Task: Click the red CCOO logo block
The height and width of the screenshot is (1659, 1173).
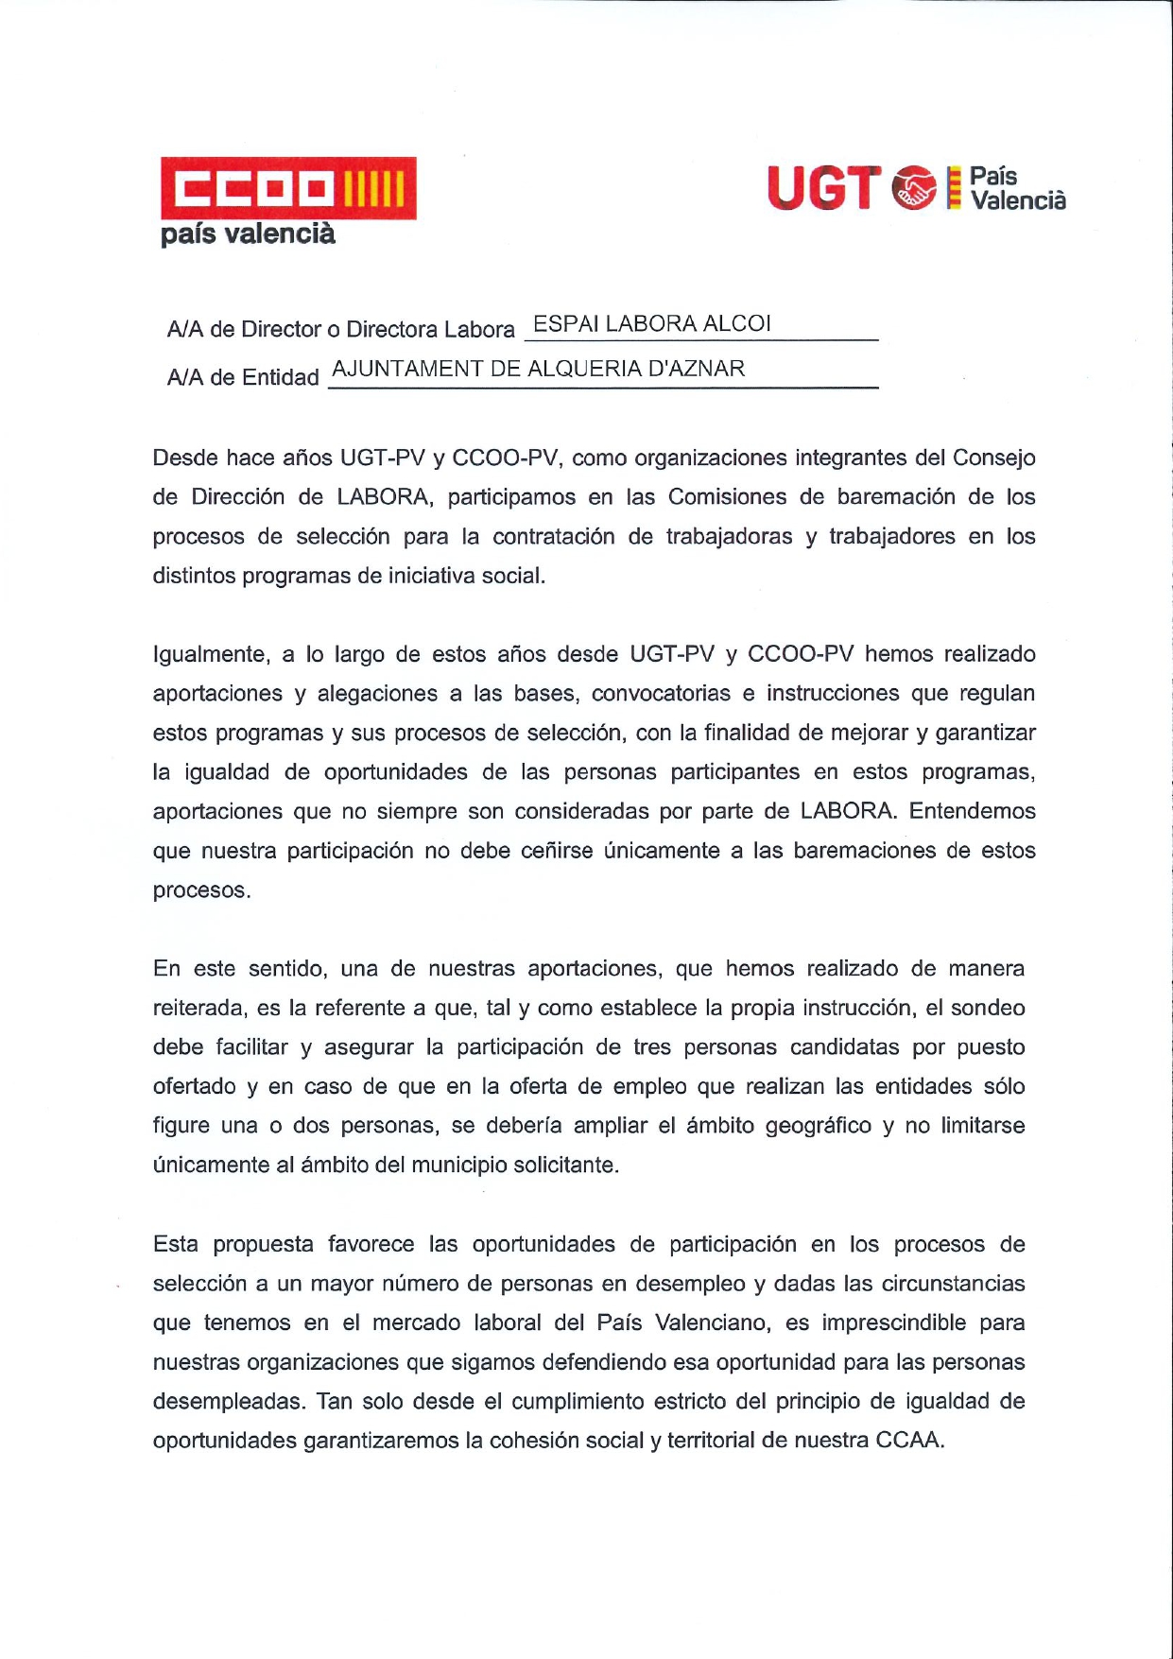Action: point(288,188)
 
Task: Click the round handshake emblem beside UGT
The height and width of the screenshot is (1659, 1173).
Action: point(914,187)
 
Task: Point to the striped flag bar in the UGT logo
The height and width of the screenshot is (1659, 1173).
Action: point(954,187)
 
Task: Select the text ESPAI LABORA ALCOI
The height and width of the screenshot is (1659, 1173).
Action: point(652,324)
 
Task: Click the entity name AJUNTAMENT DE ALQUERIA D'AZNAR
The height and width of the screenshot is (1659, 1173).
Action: point(539,369)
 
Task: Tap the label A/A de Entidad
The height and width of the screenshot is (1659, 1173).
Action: point(243,377)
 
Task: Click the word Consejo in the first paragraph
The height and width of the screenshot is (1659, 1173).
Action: point(993,458)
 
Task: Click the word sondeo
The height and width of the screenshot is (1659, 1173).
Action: point(988,1009)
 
